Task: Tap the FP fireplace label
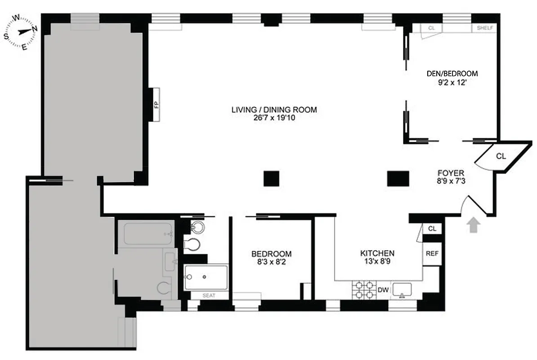point(157,105)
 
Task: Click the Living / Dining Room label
point(274,109)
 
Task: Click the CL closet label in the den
point(432,28)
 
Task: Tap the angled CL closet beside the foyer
point(501,157)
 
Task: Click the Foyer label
point(450,173)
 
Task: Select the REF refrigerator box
point(432,253)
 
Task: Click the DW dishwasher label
point(383,290)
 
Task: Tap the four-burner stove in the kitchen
point(363,289)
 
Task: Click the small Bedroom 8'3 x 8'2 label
point(271,254)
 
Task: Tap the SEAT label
point(209,296)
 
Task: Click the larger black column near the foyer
point(398,178)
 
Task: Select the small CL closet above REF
point(432,229)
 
